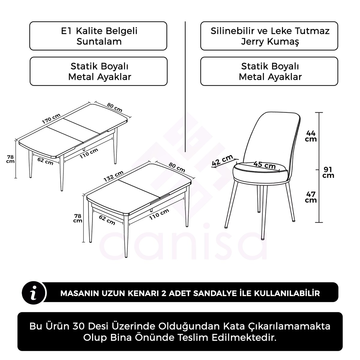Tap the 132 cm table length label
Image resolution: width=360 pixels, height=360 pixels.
click(x=113, y=176)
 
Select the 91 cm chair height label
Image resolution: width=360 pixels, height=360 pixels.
click(x=328, y=172)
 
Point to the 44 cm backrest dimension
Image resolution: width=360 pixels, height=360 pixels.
click(x=311, y=136)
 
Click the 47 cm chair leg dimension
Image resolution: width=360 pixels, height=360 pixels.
click(x=311, y=197)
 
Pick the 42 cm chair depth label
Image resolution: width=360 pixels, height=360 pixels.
click(x=222, y=160)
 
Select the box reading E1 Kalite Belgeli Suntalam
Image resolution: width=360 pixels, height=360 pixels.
click(x=98, y=36)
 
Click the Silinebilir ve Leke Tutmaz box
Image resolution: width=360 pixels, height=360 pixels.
click(x=269, y=36)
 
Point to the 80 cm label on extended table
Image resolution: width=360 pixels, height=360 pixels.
click(x=115, y=107)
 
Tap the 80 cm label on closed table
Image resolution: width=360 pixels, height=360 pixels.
click(x=177, y=167)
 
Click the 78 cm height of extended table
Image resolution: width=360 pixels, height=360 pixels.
click(x=10, y=159)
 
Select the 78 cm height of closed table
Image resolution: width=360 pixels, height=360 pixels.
click(x=78, y=218)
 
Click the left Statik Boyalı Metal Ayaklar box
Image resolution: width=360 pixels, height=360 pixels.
click(x=98, y=71)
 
